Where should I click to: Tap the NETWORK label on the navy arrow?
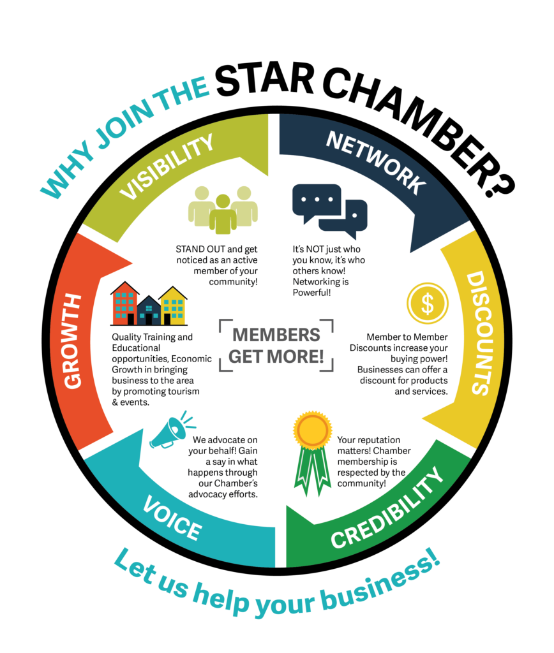tap(375, 162)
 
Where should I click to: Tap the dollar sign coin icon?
tap(427, 304)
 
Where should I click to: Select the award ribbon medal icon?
tap(312, 446)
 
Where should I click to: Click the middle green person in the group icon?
tap(223, 215)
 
